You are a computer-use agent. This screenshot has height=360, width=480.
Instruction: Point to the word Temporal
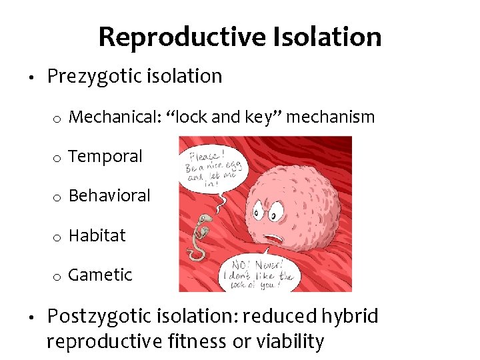[105, 157]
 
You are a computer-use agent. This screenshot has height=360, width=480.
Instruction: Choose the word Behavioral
[109, 196]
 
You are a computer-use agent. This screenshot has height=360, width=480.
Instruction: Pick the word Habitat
[97, 235]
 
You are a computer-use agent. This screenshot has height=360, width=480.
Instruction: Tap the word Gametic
[100, 275]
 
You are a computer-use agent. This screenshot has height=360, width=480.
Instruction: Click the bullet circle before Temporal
[58, 158]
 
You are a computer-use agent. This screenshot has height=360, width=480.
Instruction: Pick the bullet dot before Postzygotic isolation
[33, 316]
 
